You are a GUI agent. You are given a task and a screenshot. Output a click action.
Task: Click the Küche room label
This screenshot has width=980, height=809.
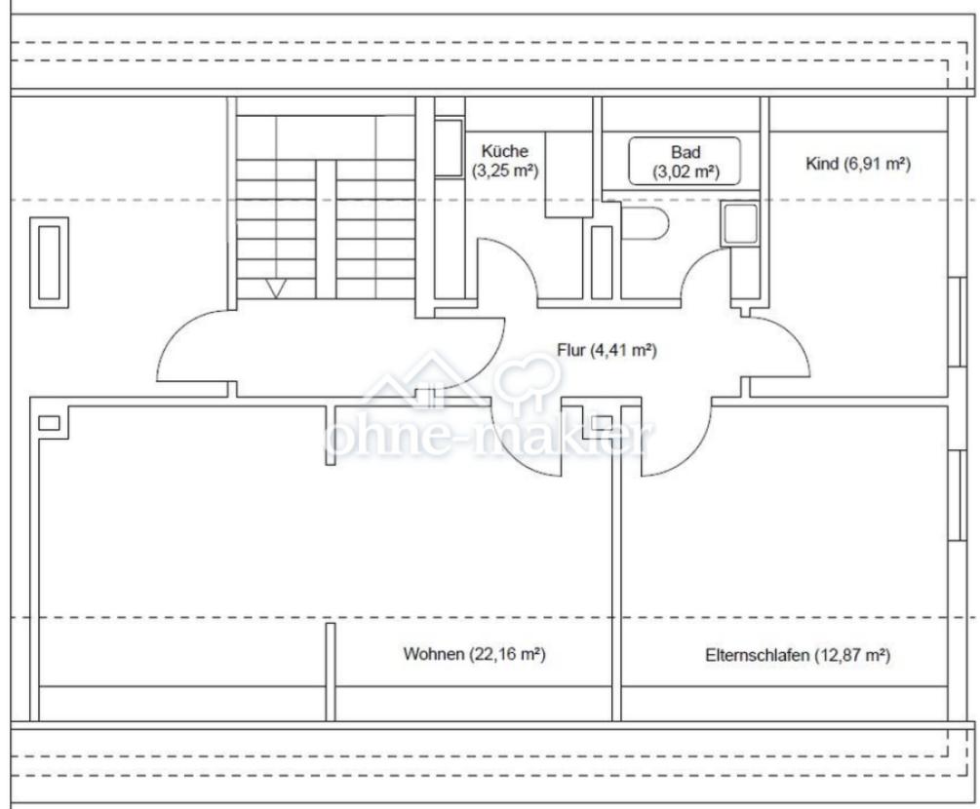tap(504, 151)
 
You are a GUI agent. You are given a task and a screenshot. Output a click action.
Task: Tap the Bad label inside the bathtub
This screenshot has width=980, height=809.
tap(686, 152)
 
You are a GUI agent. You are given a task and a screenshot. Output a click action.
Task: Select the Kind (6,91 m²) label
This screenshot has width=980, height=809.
tap(857, 165)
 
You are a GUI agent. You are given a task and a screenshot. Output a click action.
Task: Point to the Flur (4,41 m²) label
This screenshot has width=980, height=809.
tap(607, 351)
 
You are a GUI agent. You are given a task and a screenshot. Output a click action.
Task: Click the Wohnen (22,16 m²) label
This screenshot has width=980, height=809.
tap(474, 654)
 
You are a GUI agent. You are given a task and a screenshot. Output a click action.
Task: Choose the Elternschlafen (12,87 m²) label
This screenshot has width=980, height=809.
tap(798, 655)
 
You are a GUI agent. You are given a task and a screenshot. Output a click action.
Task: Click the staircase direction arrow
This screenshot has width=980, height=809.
tap(276, 288)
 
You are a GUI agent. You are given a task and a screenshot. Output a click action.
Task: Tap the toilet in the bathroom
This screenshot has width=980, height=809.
tap(645, 222)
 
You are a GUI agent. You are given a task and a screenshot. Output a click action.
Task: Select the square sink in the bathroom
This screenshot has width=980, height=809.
tap(739, 223)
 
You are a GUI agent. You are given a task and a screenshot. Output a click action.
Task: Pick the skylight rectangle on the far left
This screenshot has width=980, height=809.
tap(50, 262)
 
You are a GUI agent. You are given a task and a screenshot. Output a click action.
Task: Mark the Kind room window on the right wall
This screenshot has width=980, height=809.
tap(955, 321)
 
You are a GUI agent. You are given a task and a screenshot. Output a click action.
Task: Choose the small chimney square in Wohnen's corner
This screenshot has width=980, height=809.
tap(50, 423)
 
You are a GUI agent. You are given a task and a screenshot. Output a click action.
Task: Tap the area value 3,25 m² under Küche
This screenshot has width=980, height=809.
tap(505, 171)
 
